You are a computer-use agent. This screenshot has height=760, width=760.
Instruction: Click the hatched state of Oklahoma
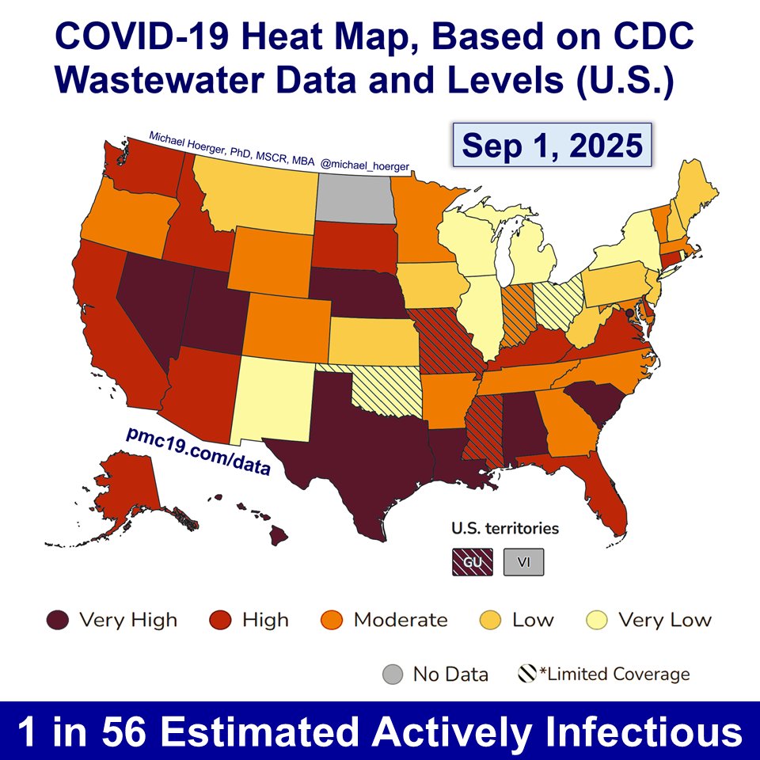click(388, 388)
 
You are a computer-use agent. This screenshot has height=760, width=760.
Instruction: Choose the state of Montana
click(253, 190)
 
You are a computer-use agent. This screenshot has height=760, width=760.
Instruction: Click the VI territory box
click(523, 562)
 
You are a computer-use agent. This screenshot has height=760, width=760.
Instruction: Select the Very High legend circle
click(59, 620)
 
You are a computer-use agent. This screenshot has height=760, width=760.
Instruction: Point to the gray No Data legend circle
click(392, 674)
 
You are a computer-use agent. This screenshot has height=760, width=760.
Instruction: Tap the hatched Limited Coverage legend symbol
click(529, 674)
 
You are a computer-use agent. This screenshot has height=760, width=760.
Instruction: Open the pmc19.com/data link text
click(198, 451)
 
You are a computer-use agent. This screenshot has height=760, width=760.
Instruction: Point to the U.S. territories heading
click(505, 528)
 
